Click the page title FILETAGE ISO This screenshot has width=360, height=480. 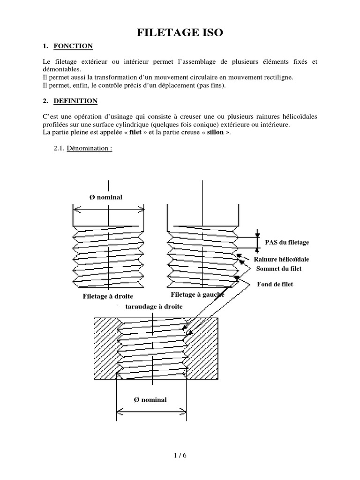[180, 32]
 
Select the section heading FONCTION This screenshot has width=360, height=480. [73, 46]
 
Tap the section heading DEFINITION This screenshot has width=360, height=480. [75, 101]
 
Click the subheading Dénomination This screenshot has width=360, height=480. [89, 149]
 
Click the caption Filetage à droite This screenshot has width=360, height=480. [108, 296]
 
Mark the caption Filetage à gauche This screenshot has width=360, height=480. [197, 294]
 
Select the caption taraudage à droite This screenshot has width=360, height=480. [154, 306]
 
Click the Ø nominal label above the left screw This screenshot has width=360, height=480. [106, 197]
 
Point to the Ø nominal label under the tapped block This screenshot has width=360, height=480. [150, 399]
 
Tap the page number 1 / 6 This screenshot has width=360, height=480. [180, 455]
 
